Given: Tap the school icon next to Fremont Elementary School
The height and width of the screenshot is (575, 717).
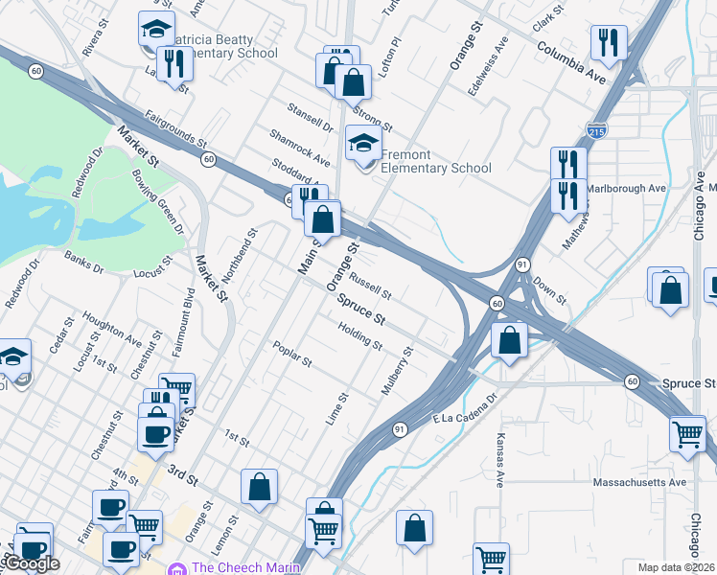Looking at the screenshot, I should point(363,145).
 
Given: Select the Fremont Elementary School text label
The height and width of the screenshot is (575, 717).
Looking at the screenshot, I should point(436,161).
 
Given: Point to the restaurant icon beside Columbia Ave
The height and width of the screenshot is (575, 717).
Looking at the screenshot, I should point(609,43).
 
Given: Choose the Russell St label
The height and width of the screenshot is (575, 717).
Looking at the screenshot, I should point(371,285).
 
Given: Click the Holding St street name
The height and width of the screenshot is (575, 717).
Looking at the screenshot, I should point(360,336).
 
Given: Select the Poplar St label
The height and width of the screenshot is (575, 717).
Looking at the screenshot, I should point(292,354).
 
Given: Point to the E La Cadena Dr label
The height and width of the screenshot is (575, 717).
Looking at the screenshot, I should point(467,406).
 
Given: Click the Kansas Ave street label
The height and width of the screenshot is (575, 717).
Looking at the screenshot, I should point(500,459).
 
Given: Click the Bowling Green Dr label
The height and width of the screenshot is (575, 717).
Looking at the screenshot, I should point(157,203).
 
